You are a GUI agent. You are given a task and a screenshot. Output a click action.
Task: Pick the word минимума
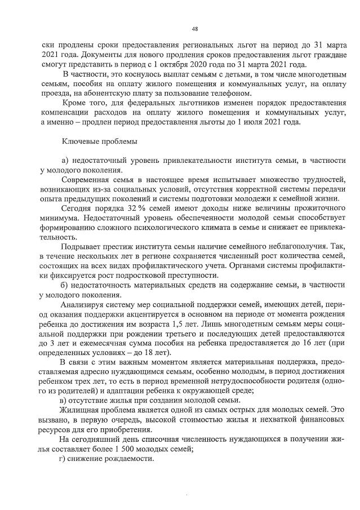click(59, 220)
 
